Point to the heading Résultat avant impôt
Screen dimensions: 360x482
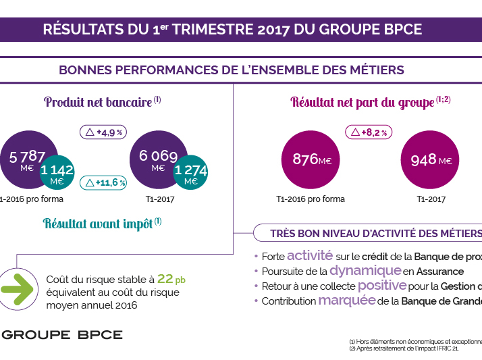tap(98, 224)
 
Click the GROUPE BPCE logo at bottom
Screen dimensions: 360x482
tap(62, 334)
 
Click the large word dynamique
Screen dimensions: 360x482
tap(365, 270)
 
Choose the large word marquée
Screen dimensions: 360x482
tap(346, 300)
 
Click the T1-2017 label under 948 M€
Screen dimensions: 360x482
tap(431, 199)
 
